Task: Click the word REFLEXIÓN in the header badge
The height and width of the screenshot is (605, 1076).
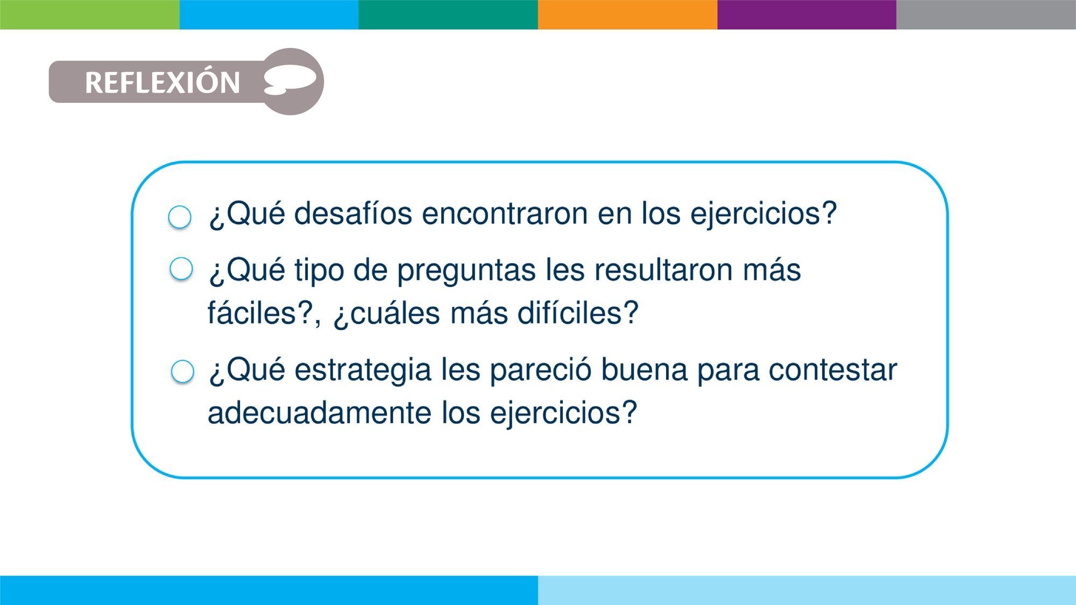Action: coord(162,82)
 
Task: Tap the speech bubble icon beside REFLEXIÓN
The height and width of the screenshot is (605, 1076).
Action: coord(290,81)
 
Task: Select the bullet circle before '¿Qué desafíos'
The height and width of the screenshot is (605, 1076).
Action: coord(180,217)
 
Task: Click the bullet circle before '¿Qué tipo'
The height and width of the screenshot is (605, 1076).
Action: coord(181,268)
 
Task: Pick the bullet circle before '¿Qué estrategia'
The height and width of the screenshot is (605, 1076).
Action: coord(182,371)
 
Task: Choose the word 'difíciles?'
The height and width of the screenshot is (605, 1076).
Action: coord(578,312)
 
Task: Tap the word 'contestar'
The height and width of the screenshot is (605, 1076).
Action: coord(833,371)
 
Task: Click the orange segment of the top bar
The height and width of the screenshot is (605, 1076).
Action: coord(627,15)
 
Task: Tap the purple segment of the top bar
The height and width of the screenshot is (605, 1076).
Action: coord(806,15)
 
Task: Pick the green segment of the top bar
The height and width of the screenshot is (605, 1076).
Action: coord(90,15)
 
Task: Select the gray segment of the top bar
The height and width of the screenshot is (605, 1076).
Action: coord(986,15)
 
